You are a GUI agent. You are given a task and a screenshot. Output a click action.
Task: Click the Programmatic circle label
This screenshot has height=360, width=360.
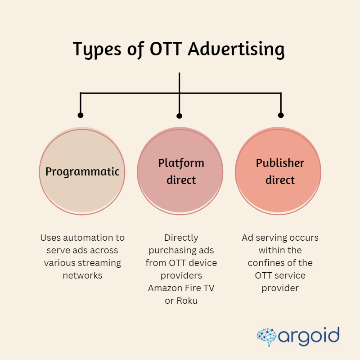pos(82,171)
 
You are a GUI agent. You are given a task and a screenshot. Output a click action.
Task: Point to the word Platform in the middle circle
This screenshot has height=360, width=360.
pos(181,163)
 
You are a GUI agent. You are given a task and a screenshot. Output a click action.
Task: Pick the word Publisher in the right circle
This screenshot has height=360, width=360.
pos(280,163)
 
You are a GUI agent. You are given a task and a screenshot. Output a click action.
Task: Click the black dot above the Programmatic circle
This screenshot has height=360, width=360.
pos(81,115)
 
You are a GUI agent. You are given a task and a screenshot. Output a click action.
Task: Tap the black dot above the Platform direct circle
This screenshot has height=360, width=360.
pos(180,116)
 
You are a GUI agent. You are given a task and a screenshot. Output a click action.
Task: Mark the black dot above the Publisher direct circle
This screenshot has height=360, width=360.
pos(281,115)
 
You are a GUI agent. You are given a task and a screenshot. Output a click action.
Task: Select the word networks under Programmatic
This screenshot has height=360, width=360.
pos(82,275)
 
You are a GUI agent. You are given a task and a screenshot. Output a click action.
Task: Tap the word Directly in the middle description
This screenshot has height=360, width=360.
pos(181,238)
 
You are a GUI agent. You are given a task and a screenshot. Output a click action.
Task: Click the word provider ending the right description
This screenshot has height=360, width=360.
pos(280,288)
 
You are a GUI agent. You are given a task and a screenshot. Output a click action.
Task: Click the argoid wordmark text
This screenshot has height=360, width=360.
pos(308,336)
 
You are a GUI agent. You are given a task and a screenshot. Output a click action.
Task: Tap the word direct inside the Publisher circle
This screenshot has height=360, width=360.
pos(280,180)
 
